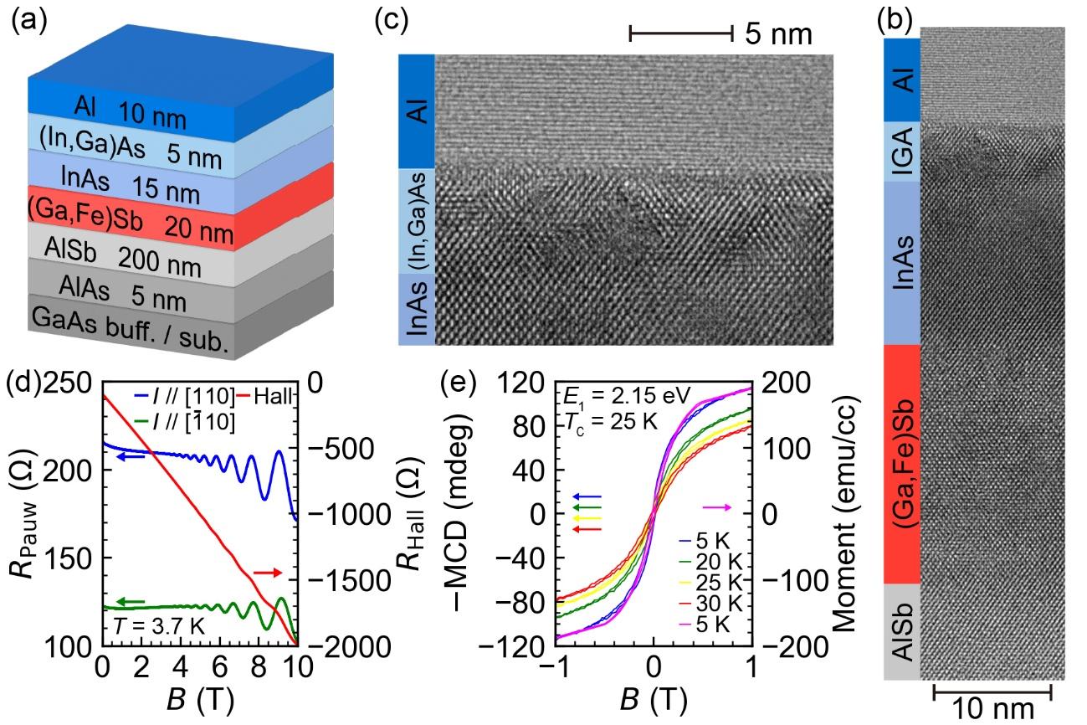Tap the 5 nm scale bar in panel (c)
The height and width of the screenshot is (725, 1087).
pyautogui.click(x=681, y=33)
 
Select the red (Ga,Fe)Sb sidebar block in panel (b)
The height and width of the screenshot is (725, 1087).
pyautogui.click(x=902, y=465)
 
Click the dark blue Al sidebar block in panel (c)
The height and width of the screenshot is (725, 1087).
pyautogui.click(x=417, y=111)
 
